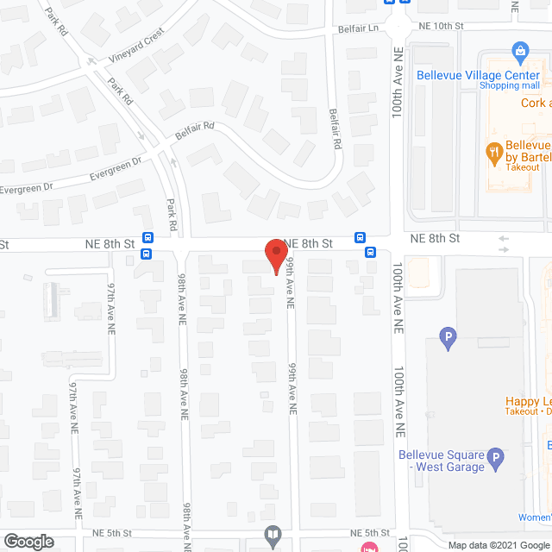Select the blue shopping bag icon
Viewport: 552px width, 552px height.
click(x=520, y=53)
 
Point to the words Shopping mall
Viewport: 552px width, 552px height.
click(x=510, y=86)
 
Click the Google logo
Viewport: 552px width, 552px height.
click(x=28, y=541)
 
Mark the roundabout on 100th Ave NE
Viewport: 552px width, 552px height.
click(x=397, y=26)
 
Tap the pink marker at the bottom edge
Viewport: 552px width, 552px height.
click(x=368, y=547)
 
